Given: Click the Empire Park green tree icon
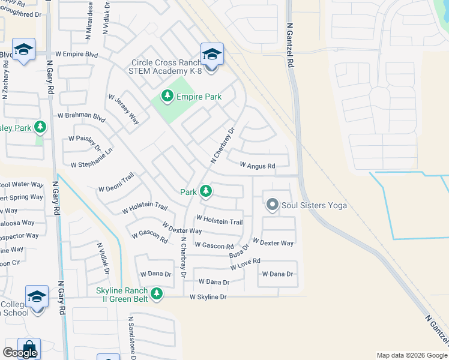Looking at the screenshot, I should click(x=166, y=96).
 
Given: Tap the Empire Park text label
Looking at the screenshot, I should click(x=199, y=97).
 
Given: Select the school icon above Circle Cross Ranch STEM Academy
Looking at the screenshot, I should click(x=212, y=55).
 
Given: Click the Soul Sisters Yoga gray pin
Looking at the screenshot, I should click(x=272, y=205).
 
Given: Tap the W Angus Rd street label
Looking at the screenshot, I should click(x=257, y=165).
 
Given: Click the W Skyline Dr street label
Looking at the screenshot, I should click(x=208, y=297).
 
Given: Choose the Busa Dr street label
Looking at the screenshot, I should click(x=239, y=251).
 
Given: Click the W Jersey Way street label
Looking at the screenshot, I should click(x=124, y=109).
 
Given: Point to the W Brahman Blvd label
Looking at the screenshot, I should click(x=81, y=117).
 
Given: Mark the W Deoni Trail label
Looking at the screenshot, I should click(x=116, y=184).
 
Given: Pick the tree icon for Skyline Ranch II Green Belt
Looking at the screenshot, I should click(x=157, y=293).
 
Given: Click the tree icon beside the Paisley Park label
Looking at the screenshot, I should click(x=40, y=127).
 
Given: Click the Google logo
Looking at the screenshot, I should click(x=20, y=353).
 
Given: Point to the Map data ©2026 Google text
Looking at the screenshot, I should click(x=411, y=355).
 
